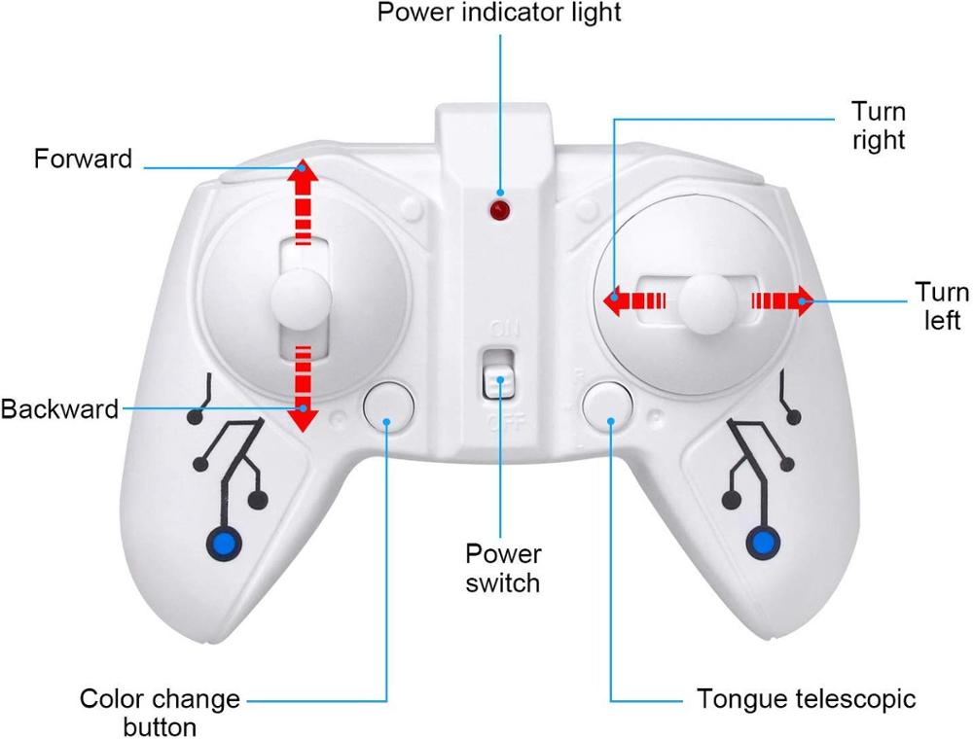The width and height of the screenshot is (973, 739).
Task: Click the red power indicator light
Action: click(x=500, y=210)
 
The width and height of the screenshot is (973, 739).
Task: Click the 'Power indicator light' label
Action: click(x=499, y=14)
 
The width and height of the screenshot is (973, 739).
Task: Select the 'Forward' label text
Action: click(x=83, y=158)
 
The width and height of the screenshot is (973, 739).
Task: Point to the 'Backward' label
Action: click(x=58, y=408)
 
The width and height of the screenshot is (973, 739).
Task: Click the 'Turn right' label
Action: click(x=879, y=124)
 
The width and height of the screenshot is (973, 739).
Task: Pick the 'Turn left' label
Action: click(x=942, y=305)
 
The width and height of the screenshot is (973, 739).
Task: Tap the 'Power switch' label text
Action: click(x=502, y=569)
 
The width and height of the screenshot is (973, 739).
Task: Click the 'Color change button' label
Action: click(x=160, y=712)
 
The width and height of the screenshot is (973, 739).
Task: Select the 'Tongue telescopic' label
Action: click(x=807, y=699)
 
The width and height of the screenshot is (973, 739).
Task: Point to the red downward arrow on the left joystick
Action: click(x=304, y=389)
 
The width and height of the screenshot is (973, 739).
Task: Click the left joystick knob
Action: click(x=300, y=299)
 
